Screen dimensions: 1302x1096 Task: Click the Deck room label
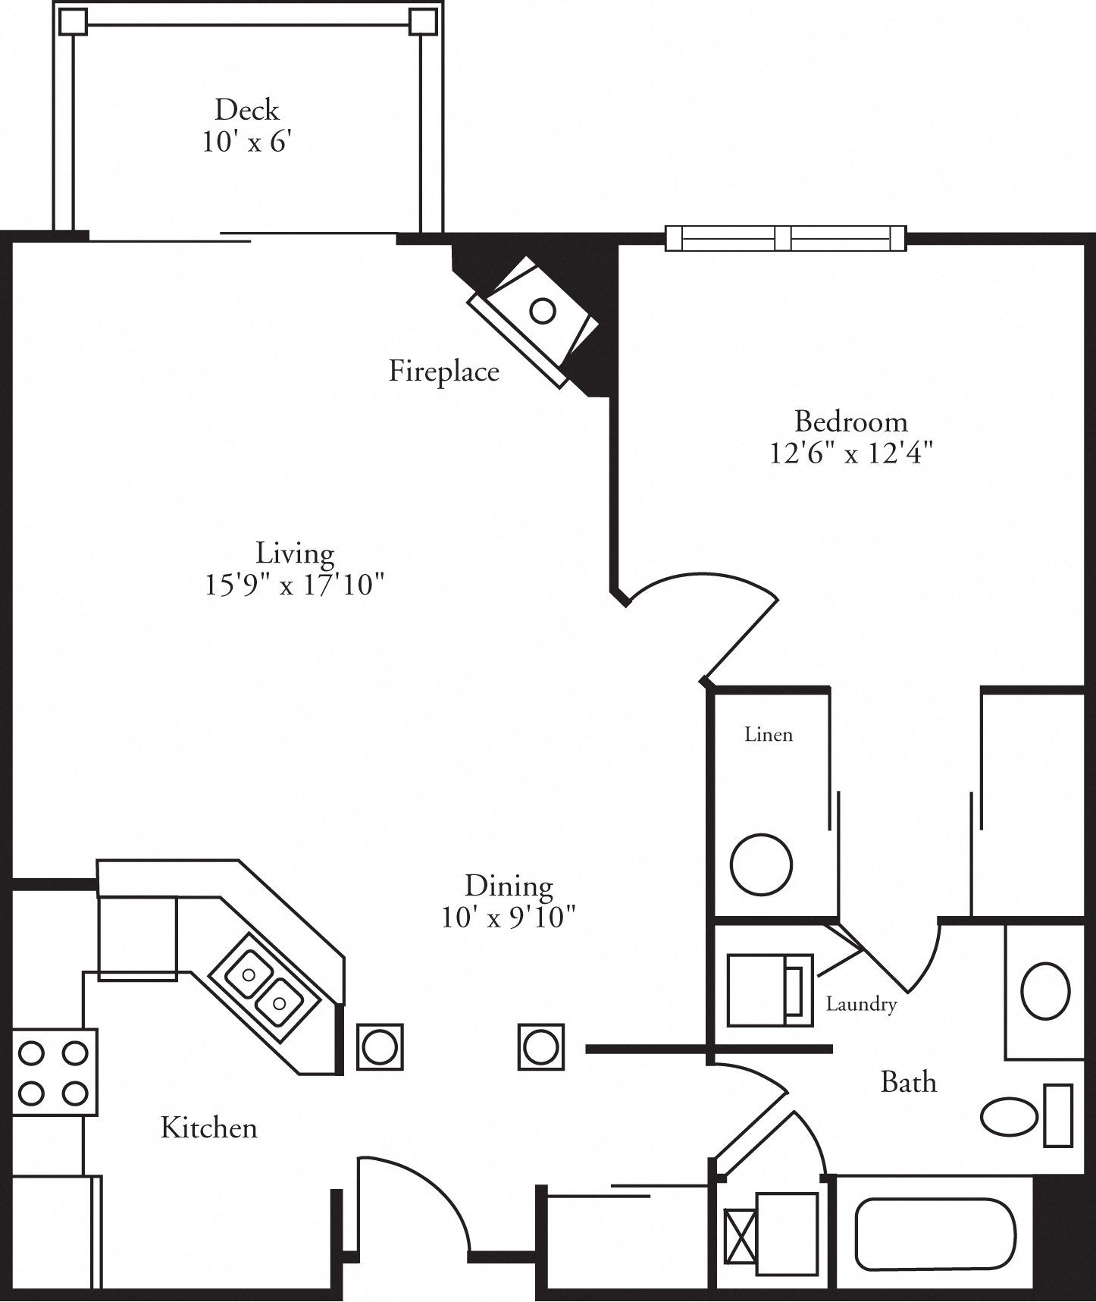(247, 110)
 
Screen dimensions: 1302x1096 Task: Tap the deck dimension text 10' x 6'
(247, 142)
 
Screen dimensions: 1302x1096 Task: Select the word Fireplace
(443, 371)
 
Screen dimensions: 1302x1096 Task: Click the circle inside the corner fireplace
(542, 310)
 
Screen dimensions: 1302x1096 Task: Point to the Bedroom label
(850, 421)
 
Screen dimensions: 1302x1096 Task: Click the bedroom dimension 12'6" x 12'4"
(850, 453)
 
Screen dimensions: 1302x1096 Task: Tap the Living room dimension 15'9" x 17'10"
(295, 585)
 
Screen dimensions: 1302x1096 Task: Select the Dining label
(509, 885)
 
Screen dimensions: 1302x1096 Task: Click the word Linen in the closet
(769, 734)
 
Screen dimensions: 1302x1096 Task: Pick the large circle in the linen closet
(761, 864)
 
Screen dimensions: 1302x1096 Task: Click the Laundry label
(861, 1004)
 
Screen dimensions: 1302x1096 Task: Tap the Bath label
(908, 1082)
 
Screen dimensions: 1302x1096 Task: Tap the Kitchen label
(209, 1128)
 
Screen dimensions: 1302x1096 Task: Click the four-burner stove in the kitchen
(54, 1072)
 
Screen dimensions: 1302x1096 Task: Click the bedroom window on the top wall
(785, 238)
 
